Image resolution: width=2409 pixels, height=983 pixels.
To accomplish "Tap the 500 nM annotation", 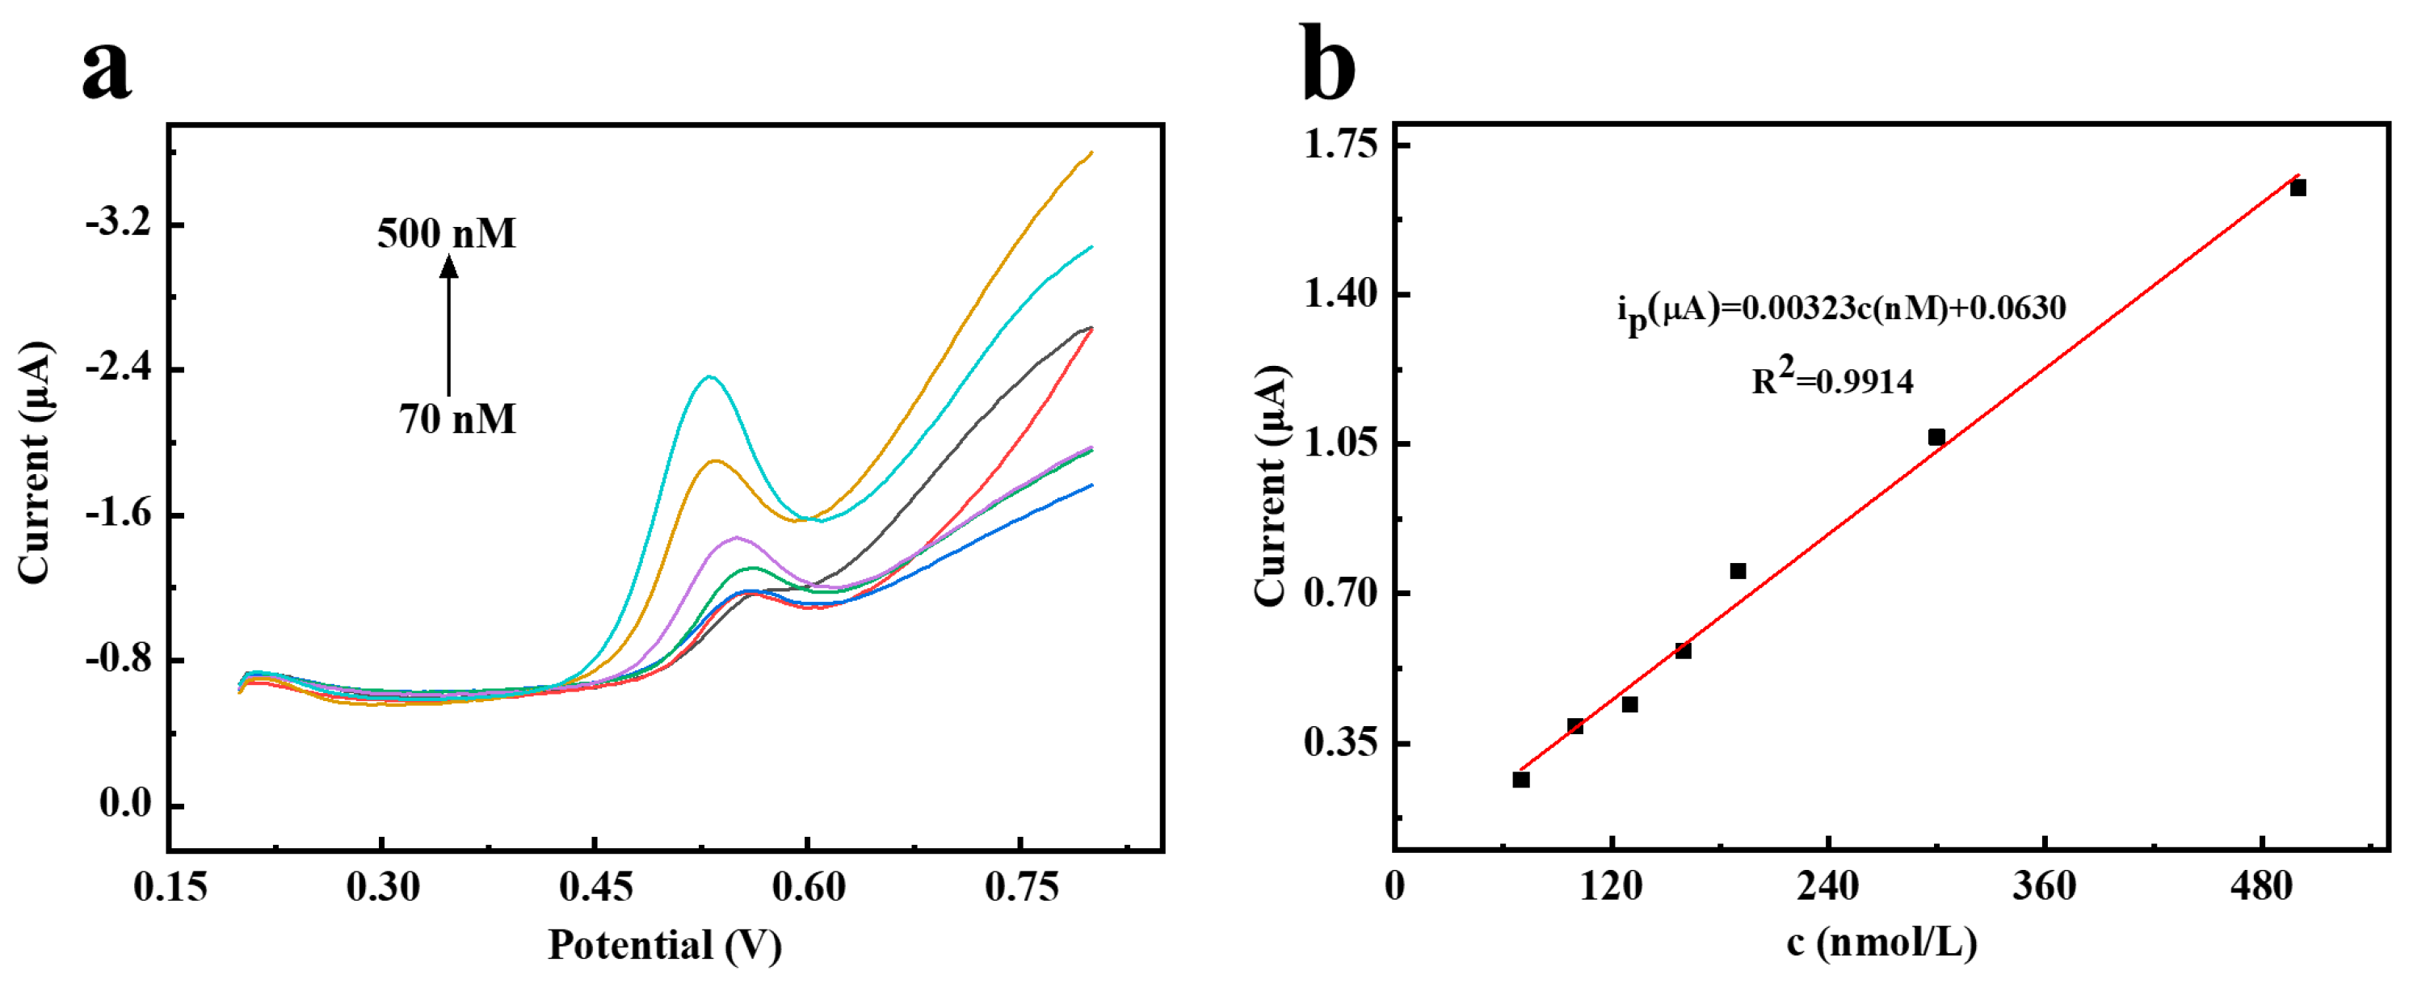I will click(x=446, y=233).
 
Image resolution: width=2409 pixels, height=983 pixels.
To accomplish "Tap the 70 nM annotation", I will click(x=457, y=419).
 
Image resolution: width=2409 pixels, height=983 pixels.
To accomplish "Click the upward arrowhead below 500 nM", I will click(x=449, y=267).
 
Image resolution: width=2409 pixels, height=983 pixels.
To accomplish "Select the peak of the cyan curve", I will click(x=710, y=377).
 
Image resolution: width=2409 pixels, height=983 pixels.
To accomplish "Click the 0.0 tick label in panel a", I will click(x=125, y=804).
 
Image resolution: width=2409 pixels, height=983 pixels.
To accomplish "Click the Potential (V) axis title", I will click(x=664, y=945).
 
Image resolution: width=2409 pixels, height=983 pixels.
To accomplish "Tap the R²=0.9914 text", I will click(x=1831, y=380).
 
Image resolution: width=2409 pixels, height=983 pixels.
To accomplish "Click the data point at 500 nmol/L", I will click(x=2298, y=188).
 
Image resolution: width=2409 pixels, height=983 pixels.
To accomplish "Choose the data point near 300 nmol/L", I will click(x=1936, y=437).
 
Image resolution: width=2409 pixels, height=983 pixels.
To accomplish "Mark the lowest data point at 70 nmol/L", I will click(x=1520, y=779).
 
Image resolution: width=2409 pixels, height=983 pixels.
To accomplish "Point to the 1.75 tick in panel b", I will click(x=1341, y=145).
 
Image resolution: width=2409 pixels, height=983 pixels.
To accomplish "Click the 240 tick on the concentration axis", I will click(x=1827, y=884).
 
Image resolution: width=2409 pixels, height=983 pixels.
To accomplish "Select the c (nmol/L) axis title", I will click(x=1881, y=943).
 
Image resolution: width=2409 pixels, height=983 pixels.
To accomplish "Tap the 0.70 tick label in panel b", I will click(x=1341, y=593).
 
